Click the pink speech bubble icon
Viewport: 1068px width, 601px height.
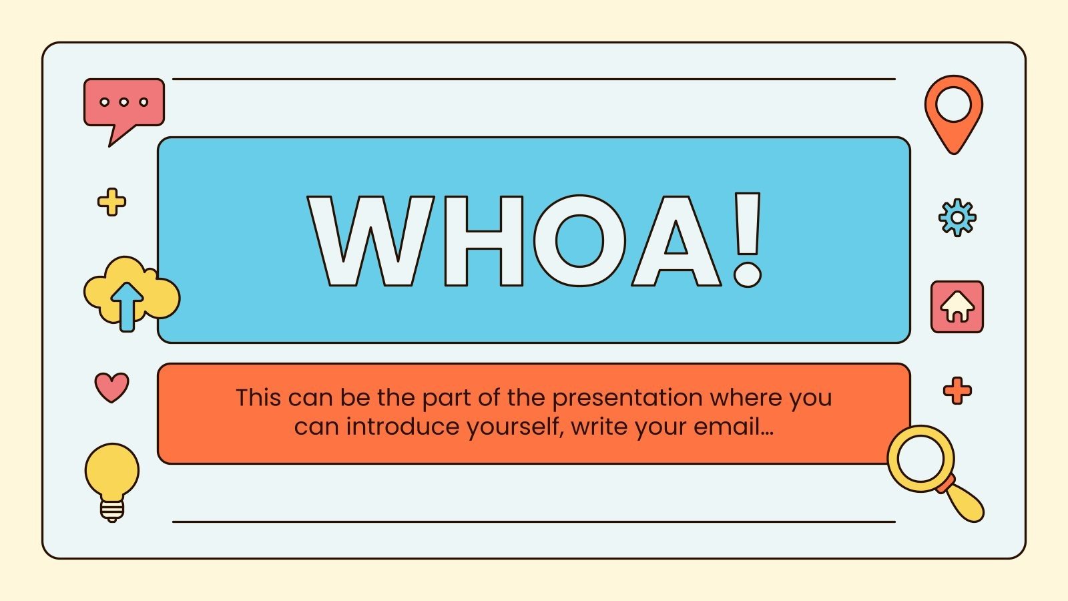tap(123, 104)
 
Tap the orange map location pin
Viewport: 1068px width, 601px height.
tap(953, 110)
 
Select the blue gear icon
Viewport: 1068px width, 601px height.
tap(957, 218)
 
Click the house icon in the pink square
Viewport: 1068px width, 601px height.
tap(957, 307)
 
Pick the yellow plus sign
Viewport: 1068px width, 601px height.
tap(111, 202)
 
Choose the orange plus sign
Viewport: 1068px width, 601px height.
tap(957, 391)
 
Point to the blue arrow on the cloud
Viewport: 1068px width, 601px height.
tap(127, 305)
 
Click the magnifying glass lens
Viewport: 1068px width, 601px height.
tap(920, 459)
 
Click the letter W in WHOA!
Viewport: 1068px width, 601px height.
tap(370, 240)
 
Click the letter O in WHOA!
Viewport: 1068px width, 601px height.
tap(579, 240)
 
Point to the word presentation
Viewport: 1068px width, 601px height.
tap(627, 398)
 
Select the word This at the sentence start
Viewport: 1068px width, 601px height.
tap(258, 398)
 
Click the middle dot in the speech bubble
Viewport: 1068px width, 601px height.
tap(123, 102)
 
